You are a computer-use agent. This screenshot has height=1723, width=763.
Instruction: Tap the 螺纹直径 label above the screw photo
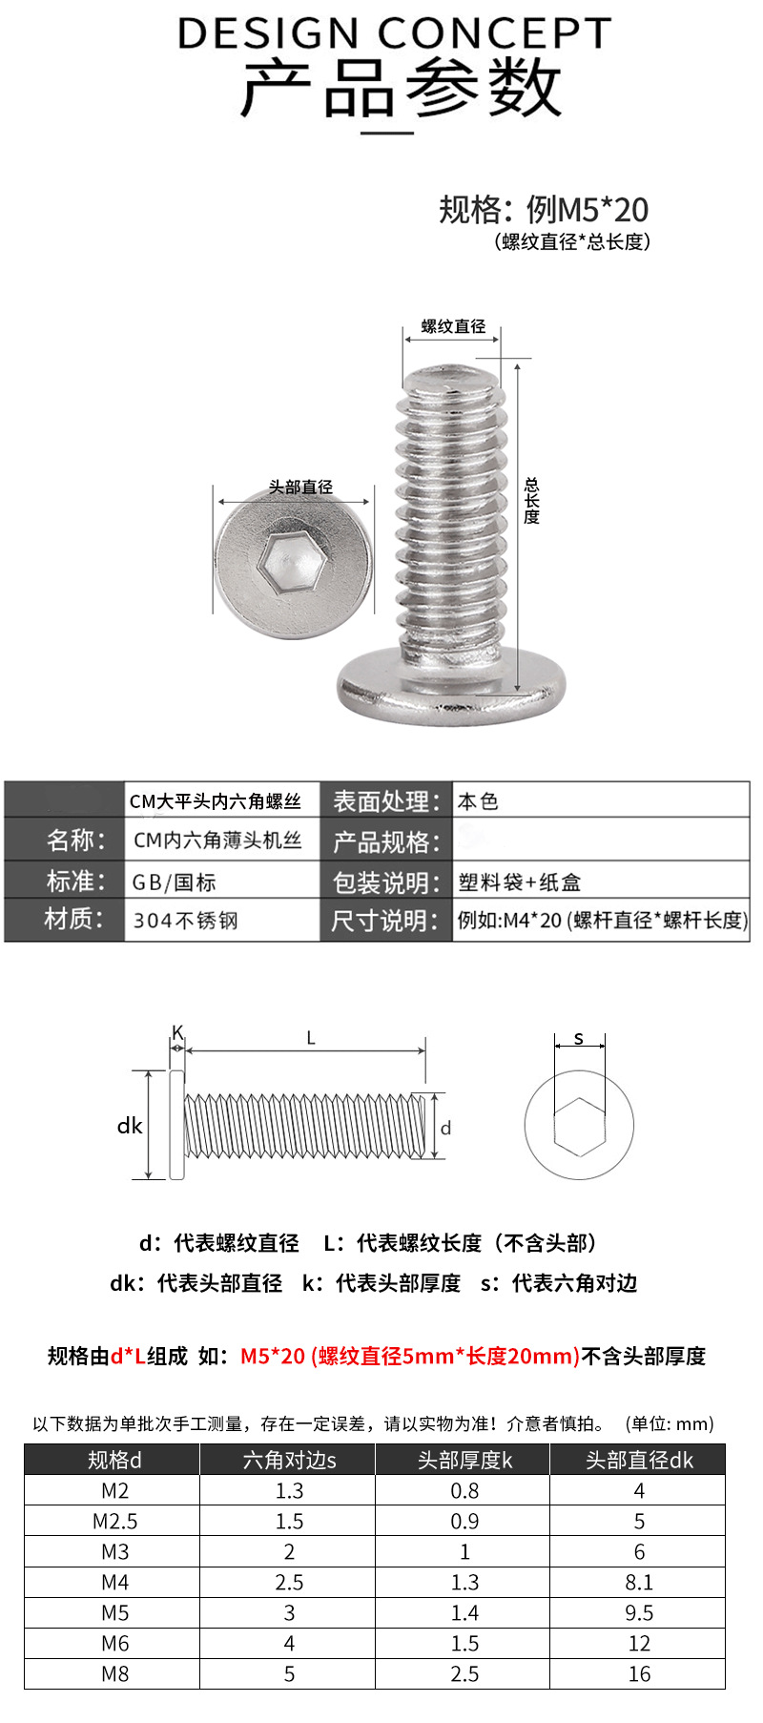(453, 326)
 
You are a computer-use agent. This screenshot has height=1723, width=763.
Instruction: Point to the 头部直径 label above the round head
(300, 488)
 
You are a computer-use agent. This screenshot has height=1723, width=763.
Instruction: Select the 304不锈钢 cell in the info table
(185, 921)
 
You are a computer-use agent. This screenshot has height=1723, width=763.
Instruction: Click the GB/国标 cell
(175, 882)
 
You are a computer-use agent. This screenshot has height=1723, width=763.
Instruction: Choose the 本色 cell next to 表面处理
(478, 801)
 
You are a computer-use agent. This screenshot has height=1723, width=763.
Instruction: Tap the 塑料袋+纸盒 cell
(519, 882)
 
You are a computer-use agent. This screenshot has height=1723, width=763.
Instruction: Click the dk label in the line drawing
(130, 1126)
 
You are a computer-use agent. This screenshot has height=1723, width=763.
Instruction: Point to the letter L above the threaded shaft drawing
(311, 1038)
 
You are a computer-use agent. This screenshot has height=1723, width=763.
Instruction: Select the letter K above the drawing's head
(177, 1031)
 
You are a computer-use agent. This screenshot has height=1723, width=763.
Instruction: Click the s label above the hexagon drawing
(579, 1038)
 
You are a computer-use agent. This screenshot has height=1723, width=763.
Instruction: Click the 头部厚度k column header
(464, 1460)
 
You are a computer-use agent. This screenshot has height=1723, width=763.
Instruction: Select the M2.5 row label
(114, 1521)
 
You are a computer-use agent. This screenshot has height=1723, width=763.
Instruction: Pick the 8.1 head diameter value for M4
(639, 1582)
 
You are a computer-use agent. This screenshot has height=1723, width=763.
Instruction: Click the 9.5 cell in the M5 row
(639, 1612)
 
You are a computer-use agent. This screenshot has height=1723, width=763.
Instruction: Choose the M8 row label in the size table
(114, 1673)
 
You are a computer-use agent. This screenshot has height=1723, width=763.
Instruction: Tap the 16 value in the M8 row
(639, 1673)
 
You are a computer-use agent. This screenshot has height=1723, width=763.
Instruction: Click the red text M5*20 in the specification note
(272, 1356)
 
